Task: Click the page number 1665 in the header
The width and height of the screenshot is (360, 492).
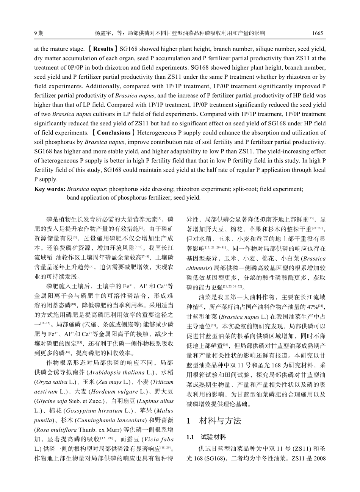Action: tap(317, 33)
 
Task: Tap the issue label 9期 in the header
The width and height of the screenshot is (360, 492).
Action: tap(39, 33)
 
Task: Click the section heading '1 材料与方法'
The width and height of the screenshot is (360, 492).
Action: tap(214, 421)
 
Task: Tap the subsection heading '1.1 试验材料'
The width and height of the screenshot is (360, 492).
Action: tap(206, 437)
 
